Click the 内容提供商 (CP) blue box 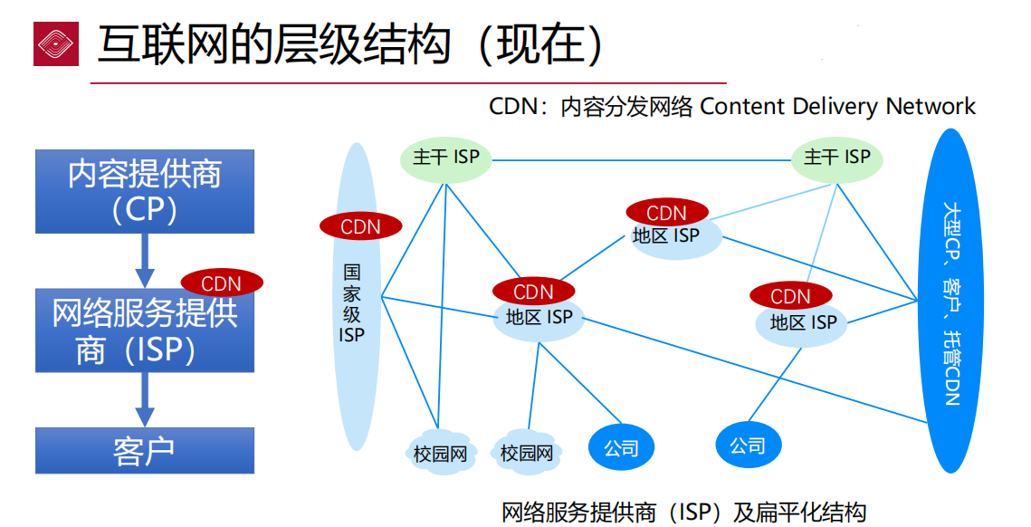pyautogui.click(x=145, y=191)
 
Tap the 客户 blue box pyautogui.click(x=145, y=451)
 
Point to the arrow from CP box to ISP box pyautogui.click(x=145, y=261)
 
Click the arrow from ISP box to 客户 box pyautogui.click(x=145, y=400)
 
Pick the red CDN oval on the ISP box pyautogui.click(x=222, y=283)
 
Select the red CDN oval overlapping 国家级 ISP pyautogui.click(x=360, y=225)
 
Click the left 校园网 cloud pyautogui.click(x=440, y=451)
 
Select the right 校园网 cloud pyautogui.click(x=527, y=451)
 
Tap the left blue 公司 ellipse pyautogui.click(x=621, y=447)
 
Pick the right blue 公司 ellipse pyautogui.click(x=748, y=445)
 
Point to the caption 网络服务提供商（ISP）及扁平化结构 pyautogui.click(x=683, y=513)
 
